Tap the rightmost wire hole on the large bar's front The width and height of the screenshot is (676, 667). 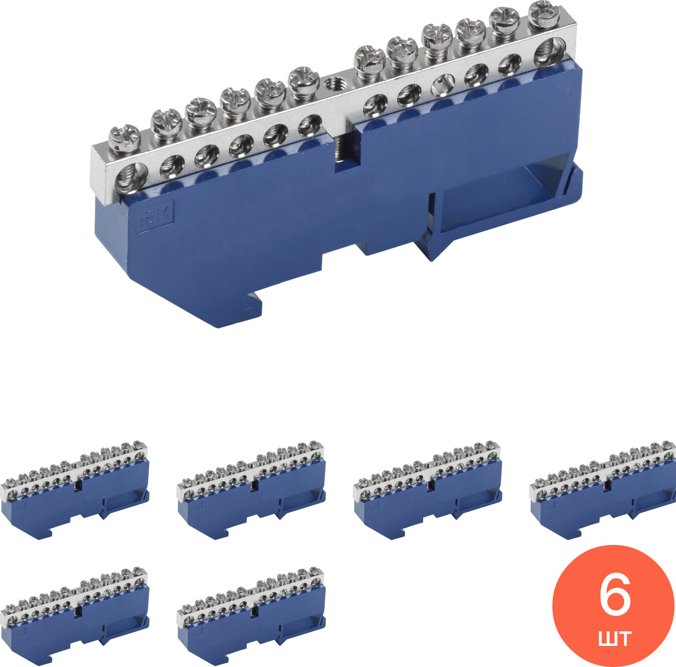tap(550, 51)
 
